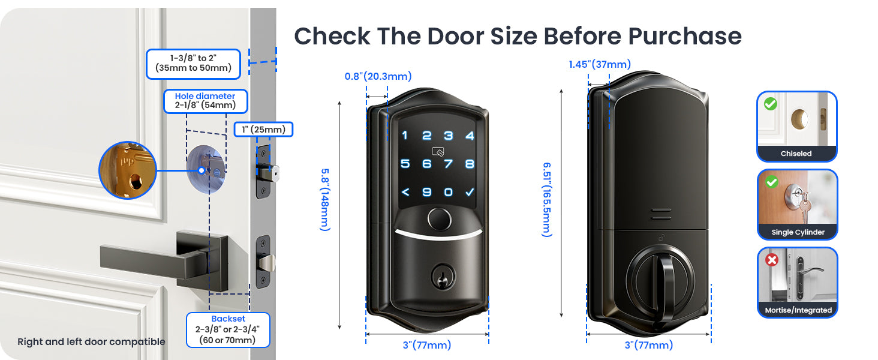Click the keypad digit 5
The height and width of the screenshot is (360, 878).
click(405, 164)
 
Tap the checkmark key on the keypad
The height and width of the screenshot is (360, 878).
click(470, 192)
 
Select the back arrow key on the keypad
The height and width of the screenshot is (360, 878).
click(405, 192)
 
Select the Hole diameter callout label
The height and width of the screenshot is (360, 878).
click(205, 96)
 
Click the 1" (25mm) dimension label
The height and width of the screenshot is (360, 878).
click(263, 129)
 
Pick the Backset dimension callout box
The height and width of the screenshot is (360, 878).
click(228, 329)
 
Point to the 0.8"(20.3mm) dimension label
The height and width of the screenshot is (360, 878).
click(378, 76)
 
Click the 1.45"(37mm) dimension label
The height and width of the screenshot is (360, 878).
click(600, 64)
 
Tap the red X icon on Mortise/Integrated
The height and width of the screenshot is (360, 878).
click(772, 260)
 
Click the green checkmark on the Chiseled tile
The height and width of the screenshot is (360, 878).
click(771, 104)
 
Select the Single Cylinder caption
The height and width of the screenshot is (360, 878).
click(798, 232)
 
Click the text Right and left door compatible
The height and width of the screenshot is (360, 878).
click(91, 342)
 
